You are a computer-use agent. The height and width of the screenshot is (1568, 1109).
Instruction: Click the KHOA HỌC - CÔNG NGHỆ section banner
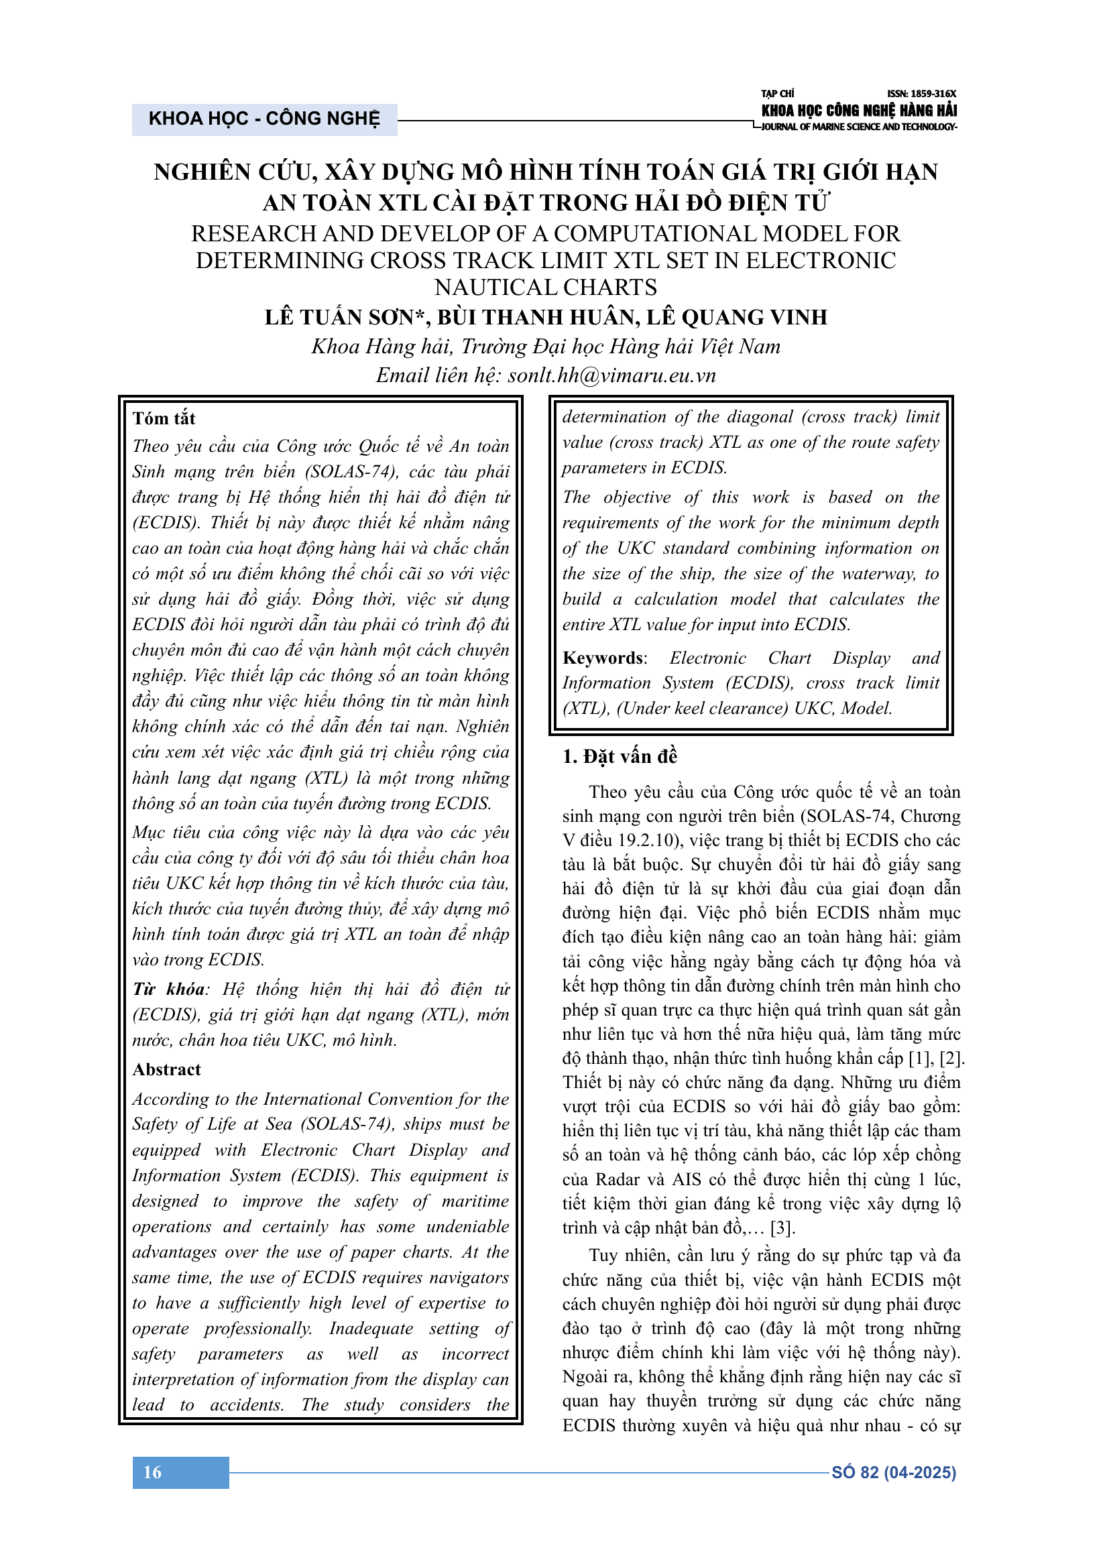click(264, 119)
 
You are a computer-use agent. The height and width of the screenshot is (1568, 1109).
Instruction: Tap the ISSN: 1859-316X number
click(921, 94)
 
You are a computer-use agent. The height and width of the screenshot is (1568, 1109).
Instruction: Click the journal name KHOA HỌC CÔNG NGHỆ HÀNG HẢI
click(859, 110)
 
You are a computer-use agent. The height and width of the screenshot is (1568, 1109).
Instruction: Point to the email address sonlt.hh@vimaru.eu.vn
click(611, 375)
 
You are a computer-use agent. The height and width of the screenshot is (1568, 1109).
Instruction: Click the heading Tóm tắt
click(164, 418)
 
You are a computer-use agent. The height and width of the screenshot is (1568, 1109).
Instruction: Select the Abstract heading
click(167, 1069)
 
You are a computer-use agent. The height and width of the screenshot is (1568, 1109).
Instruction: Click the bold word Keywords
click(602, 658)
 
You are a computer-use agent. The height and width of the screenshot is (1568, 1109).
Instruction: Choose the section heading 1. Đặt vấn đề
click(620, 756)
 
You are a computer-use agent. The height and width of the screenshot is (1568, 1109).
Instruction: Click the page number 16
click(152, 1471)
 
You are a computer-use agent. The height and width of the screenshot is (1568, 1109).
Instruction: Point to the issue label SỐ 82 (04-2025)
click(893, 1472)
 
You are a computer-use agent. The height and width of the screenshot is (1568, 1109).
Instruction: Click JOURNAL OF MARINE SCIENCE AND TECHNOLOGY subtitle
click(859, 127)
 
